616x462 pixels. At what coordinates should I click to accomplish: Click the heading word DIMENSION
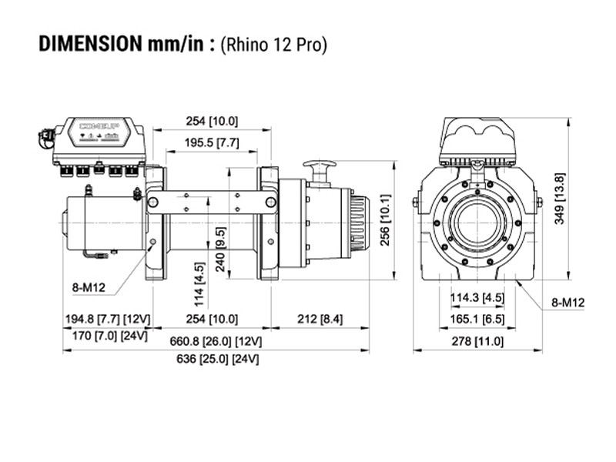coord(88,43)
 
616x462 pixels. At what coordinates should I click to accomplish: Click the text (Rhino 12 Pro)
coord(273,44)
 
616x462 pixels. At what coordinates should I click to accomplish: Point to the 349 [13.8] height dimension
coord(560,199)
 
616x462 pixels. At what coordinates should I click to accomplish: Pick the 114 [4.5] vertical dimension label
coord(200,284)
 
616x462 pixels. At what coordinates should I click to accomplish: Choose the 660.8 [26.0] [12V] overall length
coord(216,340)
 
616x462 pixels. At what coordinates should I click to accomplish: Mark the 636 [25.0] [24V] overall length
coord(216,359)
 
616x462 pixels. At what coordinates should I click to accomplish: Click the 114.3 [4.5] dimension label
coord(477,297)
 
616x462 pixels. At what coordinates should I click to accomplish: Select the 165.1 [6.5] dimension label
coord(477,319)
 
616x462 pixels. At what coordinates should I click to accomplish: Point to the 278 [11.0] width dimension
coord(477,341)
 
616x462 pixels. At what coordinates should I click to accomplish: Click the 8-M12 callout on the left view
coord(89,288)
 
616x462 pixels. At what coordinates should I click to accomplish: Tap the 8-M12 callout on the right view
coord(568,302)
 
